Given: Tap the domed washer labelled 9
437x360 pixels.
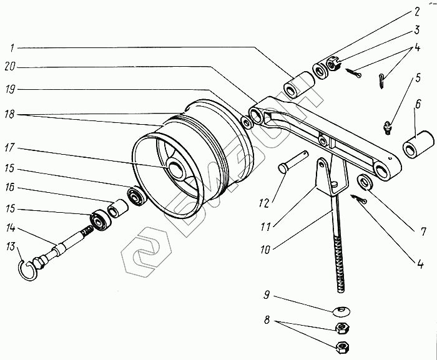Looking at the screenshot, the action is coord(340,310).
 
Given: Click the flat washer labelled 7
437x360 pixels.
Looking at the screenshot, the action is coord(365,183).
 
